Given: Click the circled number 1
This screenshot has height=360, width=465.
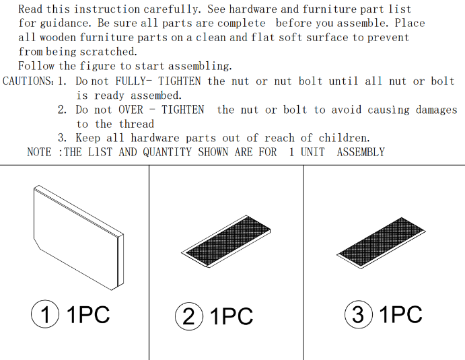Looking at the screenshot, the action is tap(45, 314).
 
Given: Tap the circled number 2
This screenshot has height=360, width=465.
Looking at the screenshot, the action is tap(189, 316).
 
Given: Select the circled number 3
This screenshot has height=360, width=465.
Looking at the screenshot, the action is tap(359, 314).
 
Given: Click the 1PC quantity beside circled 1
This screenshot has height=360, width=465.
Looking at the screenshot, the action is tap(88, 314).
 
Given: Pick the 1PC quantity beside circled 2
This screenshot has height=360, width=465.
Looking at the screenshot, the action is tap(231, 316).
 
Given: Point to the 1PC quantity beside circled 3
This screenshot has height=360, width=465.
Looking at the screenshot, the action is tap(400, 314).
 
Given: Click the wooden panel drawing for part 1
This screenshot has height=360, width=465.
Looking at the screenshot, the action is tap(79, 238).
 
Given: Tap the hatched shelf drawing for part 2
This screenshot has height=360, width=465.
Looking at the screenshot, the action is tap(226, 241).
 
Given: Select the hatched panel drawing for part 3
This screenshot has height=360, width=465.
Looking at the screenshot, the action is tap(381, 243).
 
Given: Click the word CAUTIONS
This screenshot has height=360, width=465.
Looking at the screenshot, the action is tap(28, 81).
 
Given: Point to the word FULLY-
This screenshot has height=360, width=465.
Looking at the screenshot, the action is tap(134, 81).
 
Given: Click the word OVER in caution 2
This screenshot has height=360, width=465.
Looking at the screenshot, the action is tap(131, 110).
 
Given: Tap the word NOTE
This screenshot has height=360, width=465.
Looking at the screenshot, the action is tap(40, 152).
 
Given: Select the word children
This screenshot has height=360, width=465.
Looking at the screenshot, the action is tap(345, 138).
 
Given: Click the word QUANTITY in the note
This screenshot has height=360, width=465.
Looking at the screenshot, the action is tap(168, 152).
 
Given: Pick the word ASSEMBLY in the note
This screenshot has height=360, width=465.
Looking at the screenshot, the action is tap(361, 152).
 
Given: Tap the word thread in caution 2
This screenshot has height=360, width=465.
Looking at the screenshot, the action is tap(137, 124).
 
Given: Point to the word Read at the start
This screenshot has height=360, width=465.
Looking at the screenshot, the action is tap(31, 9).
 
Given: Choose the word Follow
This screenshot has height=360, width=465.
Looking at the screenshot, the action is tap(36, 65).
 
